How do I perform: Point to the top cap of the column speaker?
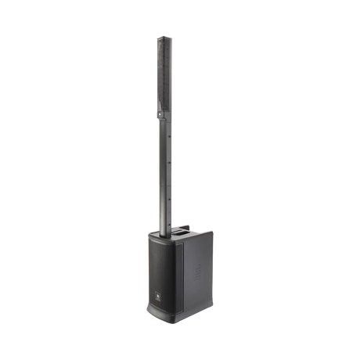click(x=164, y=36)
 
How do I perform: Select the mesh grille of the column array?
click(x=163, y=78)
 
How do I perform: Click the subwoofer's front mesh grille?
click(x=160, y=266)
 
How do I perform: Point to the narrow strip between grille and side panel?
click(x=179, y=270)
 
